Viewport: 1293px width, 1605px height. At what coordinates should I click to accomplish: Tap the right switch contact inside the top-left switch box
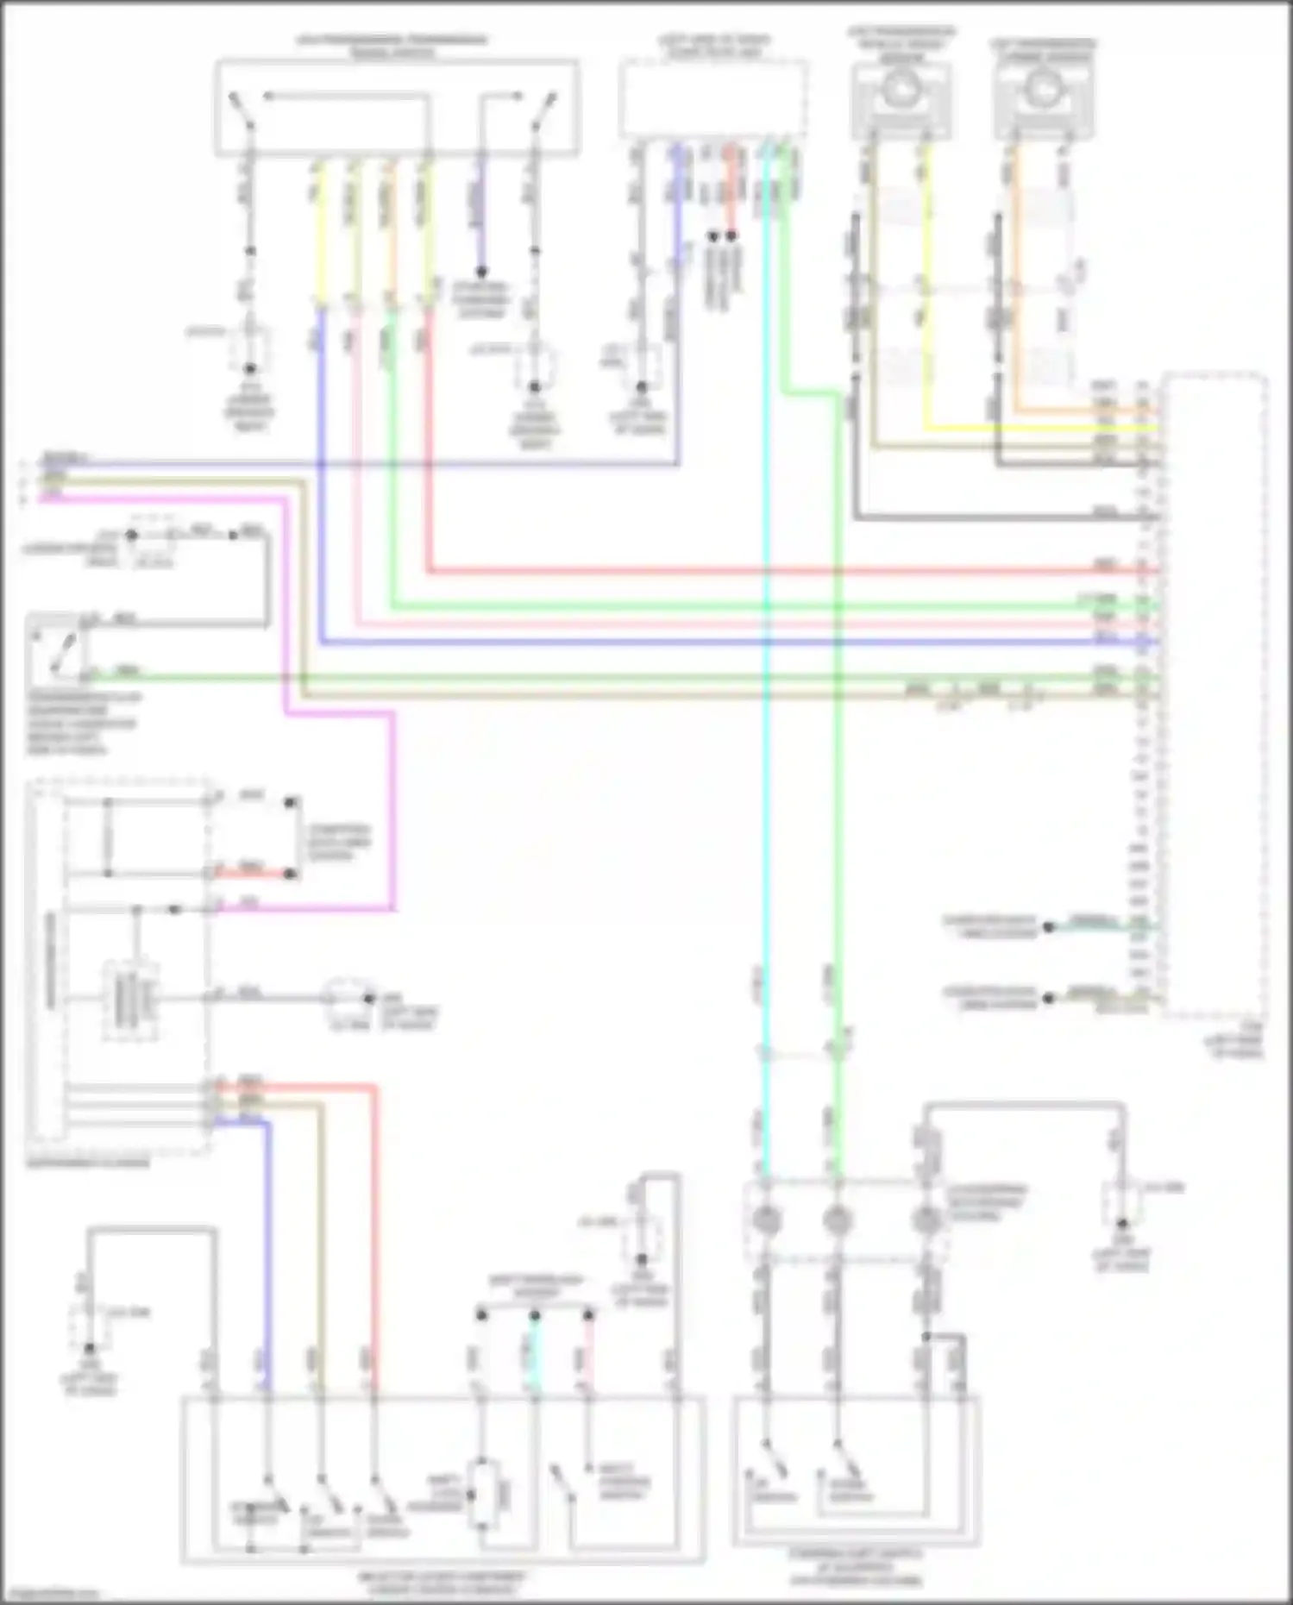543,112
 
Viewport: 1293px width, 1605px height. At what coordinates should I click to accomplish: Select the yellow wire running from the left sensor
926,302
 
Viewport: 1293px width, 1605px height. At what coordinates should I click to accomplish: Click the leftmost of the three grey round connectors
766,1219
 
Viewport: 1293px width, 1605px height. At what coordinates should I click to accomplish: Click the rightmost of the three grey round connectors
926,1219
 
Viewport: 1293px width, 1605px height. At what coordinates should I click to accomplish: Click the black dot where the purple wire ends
482,271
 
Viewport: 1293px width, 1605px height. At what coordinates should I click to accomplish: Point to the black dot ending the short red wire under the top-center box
731,235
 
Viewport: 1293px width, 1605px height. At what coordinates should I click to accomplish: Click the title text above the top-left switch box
392,46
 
